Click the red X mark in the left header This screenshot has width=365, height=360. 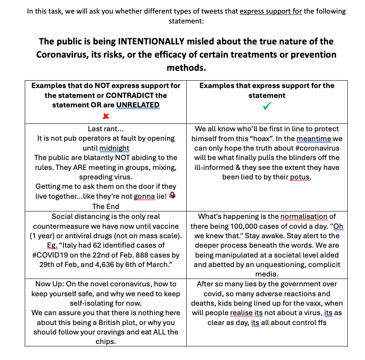[106, 116]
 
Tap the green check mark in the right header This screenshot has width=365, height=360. [267, 106]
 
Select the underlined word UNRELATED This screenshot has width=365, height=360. [138, 105]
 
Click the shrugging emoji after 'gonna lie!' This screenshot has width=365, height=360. [172, 197]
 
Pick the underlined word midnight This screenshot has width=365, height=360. [115, 148]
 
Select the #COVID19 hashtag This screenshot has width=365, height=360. [50, 255]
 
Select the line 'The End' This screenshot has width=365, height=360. [106, 207]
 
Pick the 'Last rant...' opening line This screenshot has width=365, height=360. [105, 129]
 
